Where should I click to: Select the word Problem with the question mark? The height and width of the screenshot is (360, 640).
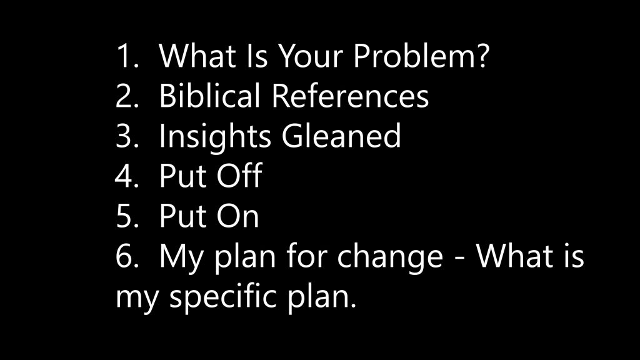tap(421, 56)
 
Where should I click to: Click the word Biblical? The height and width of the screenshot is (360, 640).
tap(209, 96)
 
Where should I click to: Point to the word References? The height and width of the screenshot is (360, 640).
tap(350, 96)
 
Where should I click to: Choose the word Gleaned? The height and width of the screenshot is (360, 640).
tap(341, 136)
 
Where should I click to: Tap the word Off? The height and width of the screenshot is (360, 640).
tap(239, 175)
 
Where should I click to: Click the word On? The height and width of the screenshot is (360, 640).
tap(237, 216)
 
